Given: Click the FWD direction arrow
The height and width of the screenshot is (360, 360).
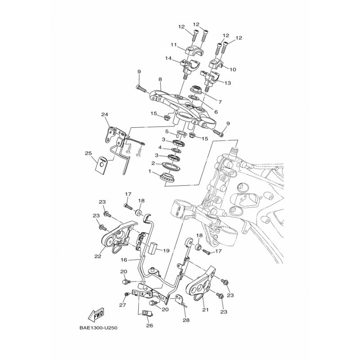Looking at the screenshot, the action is [96, 314].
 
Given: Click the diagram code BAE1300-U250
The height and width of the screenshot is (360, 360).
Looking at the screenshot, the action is [99, 328].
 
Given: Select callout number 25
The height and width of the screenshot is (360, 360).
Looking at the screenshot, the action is [89, 153].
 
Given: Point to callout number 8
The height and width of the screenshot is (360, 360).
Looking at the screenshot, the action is [160, 80].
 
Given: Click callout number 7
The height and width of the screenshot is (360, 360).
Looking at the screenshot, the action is [220, 102].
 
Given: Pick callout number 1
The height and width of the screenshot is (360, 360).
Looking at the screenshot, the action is [150, 171].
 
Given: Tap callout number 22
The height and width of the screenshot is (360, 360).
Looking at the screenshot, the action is [98, 256].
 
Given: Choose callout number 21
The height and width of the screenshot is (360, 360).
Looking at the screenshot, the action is [205, 310].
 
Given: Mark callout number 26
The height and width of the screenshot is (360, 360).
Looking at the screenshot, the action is [149, 325].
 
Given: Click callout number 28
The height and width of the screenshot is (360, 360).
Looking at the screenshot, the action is [186, 320].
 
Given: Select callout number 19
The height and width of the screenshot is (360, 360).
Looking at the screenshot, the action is [166, 251].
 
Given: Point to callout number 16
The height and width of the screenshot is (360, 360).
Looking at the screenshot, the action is [124, 260].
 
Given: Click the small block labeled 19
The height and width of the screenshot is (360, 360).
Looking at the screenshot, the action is [153, 248].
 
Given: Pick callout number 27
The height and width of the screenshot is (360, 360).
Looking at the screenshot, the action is [122, 305].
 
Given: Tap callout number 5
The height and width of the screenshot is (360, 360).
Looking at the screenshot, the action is [167, 132].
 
